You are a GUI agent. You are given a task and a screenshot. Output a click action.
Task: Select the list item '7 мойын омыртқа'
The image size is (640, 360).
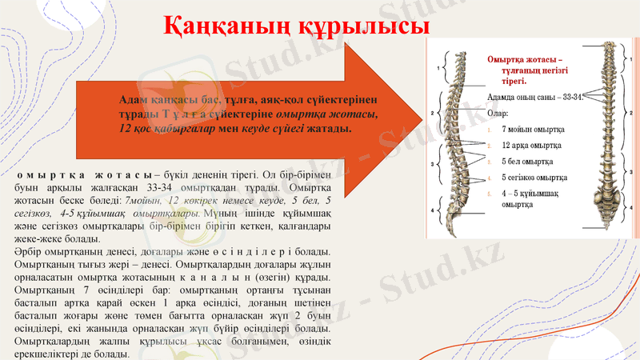click(x=533, y=129)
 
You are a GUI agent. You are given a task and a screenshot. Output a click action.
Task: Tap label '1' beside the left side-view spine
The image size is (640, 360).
click(x=438, y=69)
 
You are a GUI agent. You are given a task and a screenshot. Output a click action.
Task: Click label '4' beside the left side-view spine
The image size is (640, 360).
click(x=433, y=210)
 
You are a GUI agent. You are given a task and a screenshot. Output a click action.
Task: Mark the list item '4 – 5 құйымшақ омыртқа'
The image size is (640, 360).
click(x=532, y=198)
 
